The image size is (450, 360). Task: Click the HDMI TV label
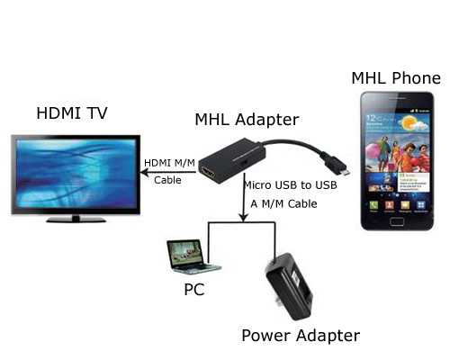point(72,113)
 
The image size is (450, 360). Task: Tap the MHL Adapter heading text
point(247,120)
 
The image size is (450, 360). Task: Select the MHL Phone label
point(396,78)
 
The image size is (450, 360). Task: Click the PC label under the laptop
point(194,290)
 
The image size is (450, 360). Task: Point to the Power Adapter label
point(301,336)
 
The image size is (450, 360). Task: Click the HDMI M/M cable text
point(169,171)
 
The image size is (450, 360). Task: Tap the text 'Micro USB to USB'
point(291,185)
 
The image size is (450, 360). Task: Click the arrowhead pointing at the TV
point(145,173)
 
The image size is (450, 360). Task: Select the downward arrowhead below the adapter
point(244,218)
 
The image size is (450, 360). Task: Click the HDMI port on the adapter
point(209,173)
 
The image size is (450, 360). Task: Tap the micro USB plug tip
point(346,173)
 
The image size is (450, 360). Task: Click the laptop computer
point(193,256)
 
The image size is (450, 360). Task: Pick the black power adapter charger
point(289,285)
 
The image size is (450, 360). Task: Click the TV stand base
point(76,220)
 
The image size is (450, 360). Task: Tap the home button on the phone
point(397,221)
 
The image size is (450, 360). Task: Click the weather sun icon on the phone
point(409,123)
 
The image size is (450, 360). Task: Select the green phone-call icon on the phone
point(373,205)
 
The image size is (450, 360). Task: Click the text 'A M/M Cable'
point(283,204)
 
